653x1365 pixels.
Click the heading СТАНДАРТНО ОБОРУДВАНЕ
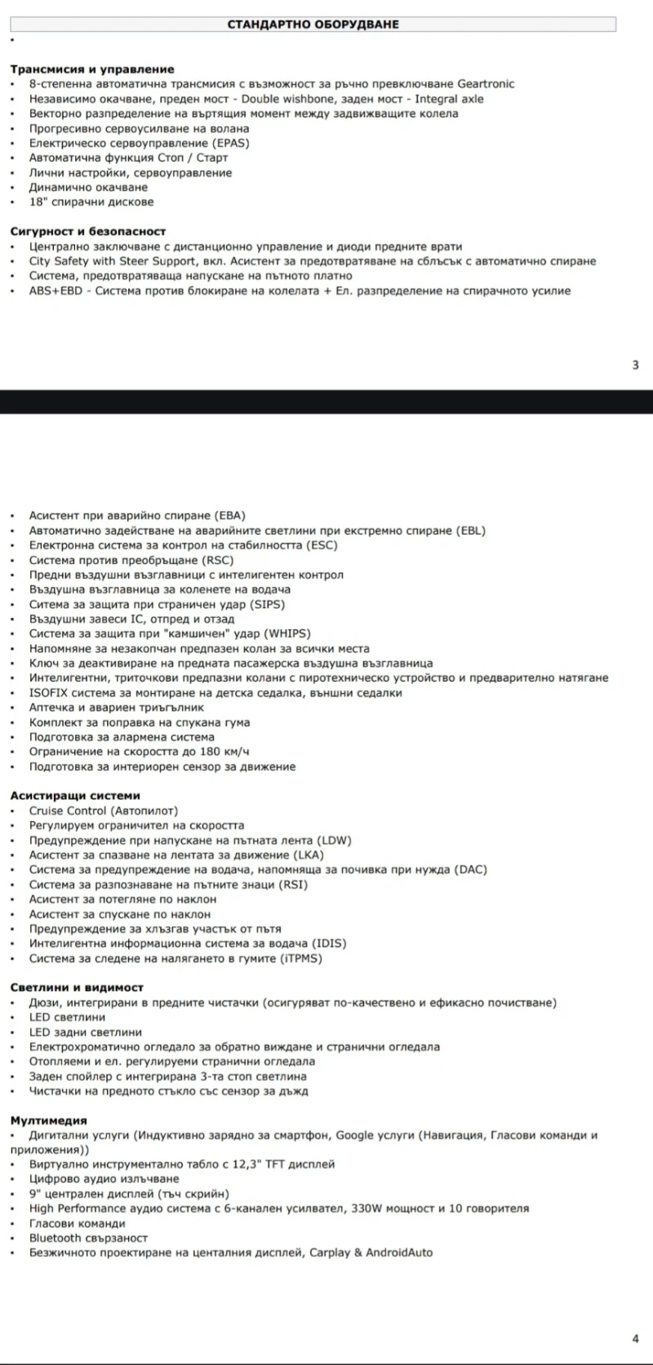click(313, 24)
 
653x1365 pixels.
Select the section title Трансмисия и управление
click(92, 69)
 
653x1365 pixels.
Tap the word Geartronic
click(486, 84)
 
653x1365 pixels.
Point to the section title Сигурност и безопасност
click(88, 232)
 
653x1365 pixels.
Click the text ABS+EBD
click(56, 291)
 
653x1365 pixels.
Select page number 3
click(635, 365)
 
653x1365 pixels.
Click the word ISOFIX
click(48, 693)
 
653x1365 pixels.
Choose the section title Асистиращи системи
click(75, 796)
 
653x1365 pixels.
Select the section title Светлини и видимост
click(77, 988)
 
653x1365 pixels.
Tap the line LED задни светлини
click(86, 1033)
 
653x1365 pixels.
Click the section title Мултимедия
click(48, 1121)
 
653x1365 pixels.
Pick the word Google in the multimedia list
click(355, 1135)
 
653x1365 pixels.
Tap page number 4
click(635, 1338)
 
